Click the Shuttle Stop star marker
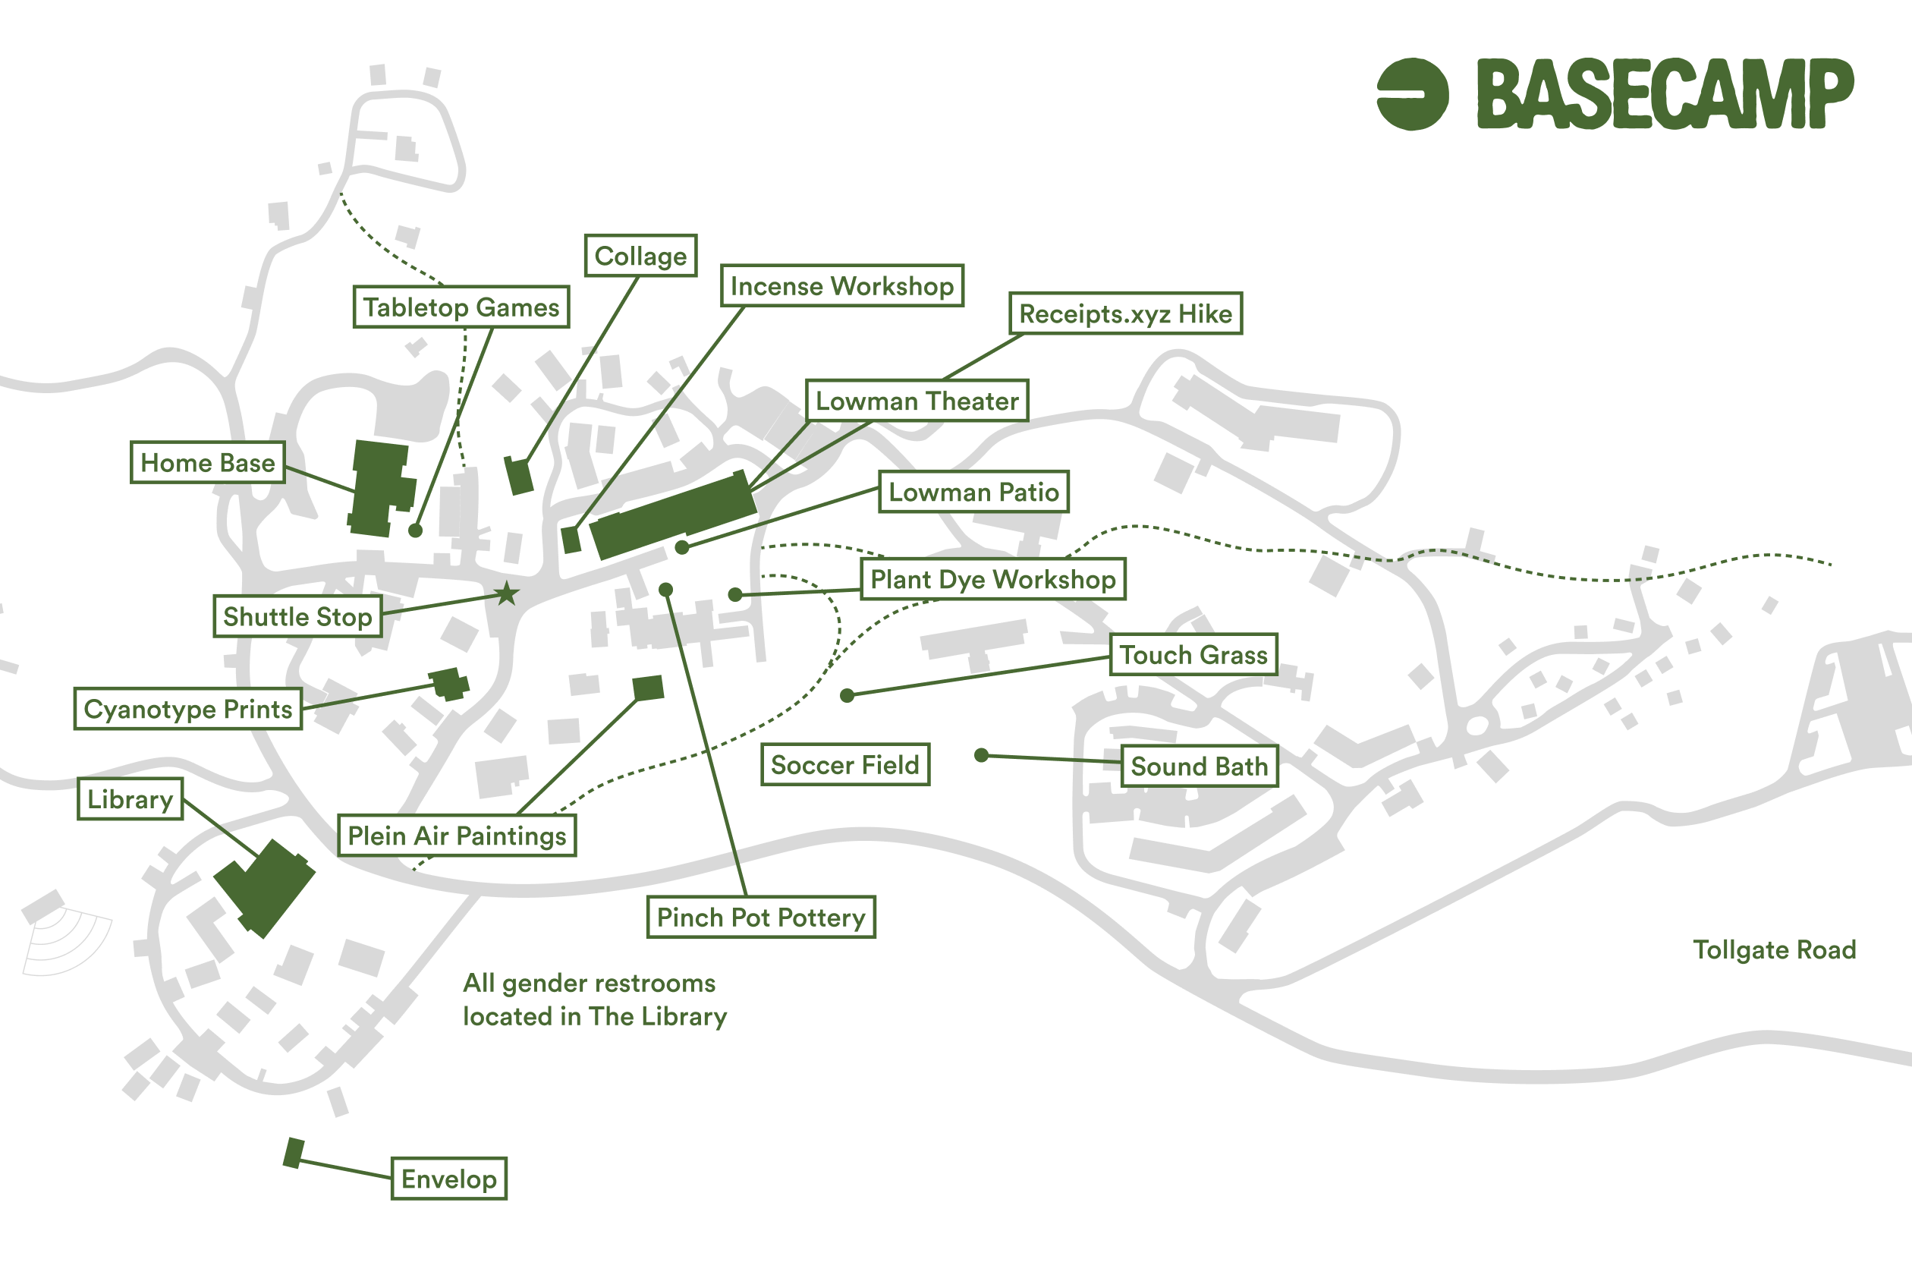click(x=508, y=593)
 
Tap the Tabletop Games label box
click(x=461, y=307)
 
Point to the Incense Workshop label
click(x=842, y=285)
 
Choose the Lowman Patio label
click(x=974, y=491)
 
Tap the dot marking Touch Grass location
click(x=847, y=695)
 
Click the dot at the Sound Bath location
click(x=981, y=755)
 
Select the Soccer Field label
click(x=845, y=764)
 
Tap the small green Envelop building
click(x=294, y=1153)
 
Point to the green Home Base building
click(x=381, y=488)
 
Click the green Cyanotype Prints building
click(x=448, y=683)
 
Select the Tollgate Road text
click(x=1775, y=949)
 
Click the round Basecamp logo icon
click(x=1413, y=93)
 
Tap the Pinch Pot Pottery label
click(x=761, y=918)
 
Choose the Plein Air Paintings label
click(x=457, y=835)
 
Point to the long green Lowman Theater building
click(x=673, y=515)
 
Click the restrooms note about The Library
click(x=594, y=1000)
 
